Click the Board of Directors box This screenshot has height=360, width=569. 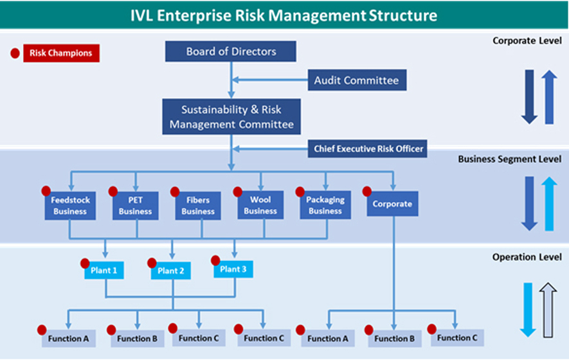(230, 51)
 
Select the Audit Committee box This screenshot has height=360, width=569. (357, 80)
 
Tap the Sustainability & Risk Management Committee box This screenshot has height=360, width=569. (231, 116)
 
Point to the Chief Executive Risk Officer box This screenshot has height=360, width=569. (367, 148)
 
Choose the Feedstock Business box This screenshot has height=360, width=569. (70, 206)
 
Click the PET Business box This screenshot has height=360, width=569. (136, 206)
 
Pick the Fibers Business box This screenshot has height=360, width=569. (198, 206)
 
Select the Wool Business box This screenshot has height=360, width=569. (260, 205)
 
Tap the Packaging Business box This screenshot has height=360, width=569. (325, 205)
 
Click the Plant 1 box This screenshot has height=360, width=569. (104, 271)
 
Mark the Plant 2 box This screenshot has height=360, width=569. (170, 271)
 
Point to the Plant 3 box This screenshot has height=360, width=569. (233, 269)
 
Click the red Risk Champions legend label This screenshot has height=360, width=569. (61, 53)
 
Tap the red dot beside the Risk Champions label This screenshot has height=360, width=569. (15, 53)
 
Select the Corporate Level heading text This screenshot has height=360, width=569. (527, 40)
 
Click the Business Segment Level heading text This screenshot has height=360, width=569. (509, 159)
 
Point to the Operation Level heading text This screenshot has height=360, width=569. (527, 257)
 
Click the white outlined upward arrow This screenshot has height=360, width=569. (548, 310)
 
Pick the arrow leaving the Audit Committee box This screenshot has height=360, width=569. (270, 80)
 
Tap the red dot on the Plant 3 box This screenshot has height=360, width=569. (215, 260)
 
